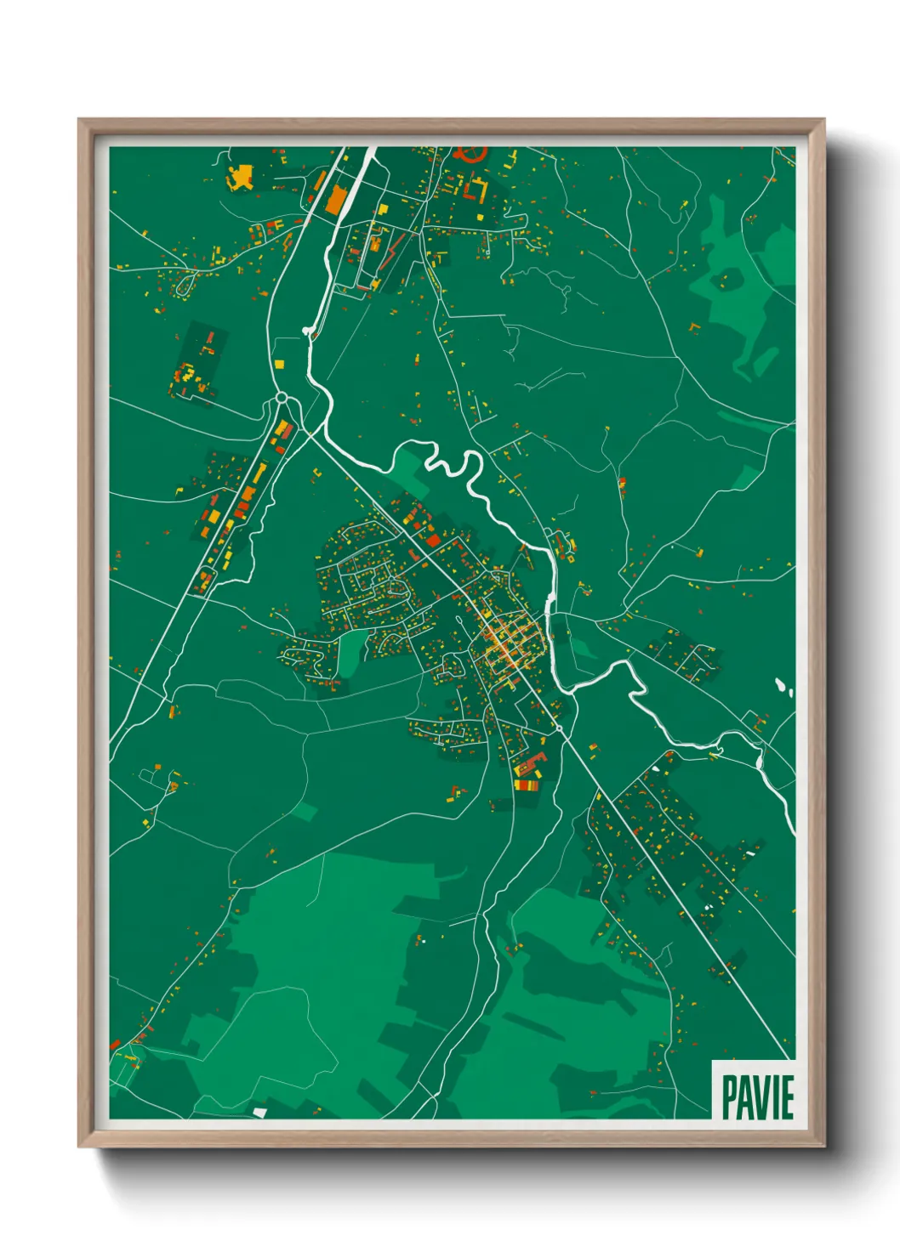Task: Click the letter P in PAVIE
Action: point(729,1097)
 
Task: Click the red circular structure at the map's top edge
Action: point(470,153)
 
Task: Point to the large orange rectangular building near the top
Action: point(336,200)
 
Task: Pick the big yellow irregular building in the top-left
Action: point(241,177)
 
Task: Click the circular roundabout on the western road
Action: point(282,397)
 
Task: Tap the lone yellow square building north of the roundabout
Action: point(278,364)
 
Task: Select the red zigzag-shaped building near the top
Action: point(393,247)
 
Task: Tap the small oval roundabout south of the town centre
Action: point(558,728)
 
